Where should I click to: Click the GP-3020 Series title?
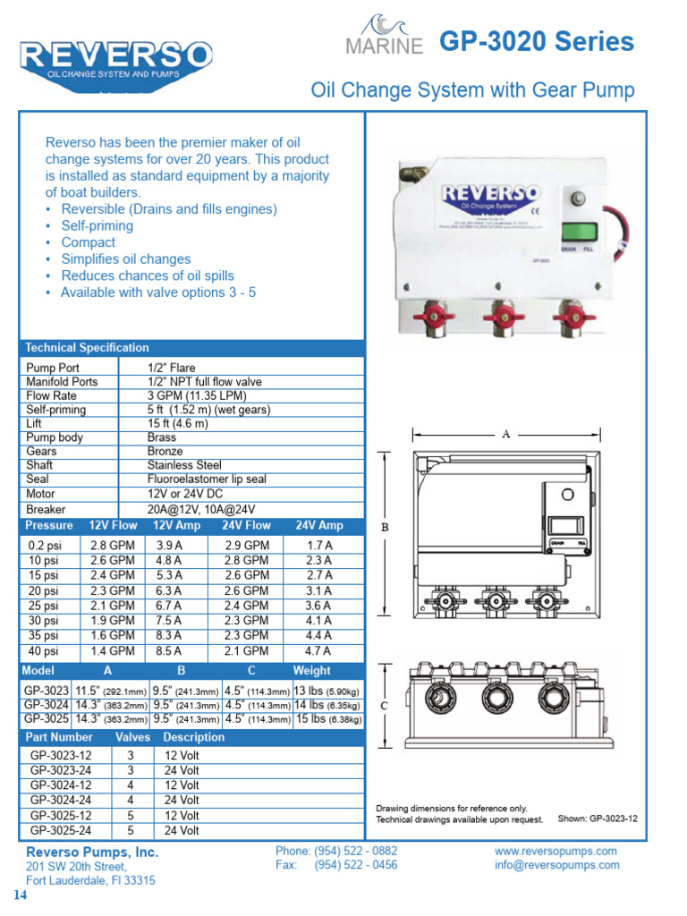(x=537, y=41)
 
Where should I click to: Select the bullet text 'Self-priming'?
(x=97, y=225)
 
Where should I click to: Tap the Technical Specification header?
(x=88, y=347)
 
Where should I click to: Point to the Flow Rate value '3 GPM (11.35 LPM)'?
(x=197, y=395)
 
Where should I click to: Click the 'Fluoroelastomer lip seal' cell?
(x=207, y=479)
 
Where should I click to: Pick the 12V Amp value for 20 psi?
(x=169, y=590)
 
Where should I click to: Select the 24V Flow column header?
(x=246, y=525)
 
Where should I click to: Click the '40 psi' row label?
(x=43, y=651)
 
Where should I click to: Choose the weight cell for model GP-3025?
(x=328, y=718)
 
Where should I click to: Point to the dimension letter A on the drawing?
(x=505, y=435)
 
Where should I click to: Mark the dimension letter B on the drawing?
(x=386, y=528)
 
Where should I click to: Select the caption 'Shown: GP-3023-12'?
(x=598, y=818)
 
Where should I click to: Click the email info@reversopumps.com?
(x=556, y=865)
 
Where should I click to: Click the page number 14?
(x=19, y=895)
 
